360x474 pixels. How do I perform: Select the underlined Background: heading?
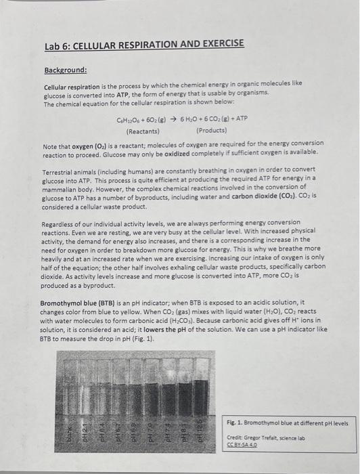(x=67, y=70)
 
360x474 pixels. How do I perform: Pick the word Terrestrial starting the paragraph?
(x=60, y=172)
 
